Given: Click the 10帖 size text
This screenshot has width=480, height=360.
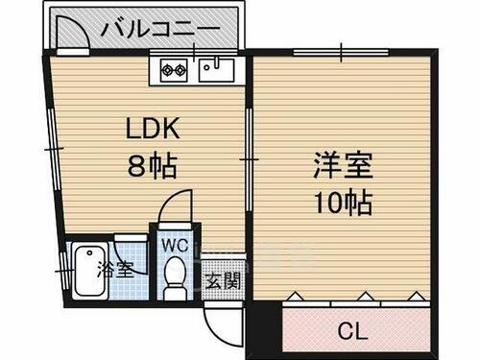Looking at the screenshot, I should click(x=342, y=202).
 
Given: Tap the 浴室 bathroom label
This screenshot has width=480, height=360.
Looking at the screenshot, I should click(x=114, y=269).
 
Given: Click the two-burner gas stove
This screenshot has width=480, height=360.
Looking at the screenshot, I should click(x=173, y=68).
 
